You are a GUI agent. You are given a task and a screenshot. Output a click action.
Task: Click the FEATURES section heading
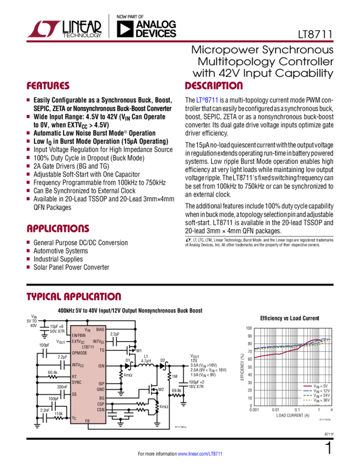click(49, 87)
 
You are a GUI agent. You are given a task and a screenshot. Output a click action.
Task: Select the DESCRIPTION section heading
click(213, 87)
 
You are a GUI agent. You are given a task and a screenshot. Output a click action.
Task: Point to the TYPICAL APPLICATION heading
click(74, 297)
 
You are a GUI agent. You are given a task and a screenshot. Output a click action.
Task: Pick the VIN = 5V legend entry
click(317, 387)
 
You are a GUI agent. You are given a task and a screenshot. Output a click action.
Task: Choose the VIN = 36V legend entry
click(317, 400)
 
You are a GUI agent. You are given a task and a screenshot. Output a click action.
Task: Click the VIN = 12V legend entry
click(317, 391)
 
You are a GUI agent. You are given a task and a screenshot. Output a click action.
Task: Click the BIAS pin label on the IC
click(100, 329)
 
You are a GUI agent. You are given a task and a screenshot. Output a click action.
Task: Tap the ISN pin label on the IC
click(101, 366)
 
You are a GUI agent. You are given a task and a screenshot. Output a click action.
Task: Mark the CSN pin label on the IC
click(101, 410)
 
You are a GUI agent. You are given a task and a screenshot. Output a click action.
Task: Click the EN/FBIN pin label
click(81, 335)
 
